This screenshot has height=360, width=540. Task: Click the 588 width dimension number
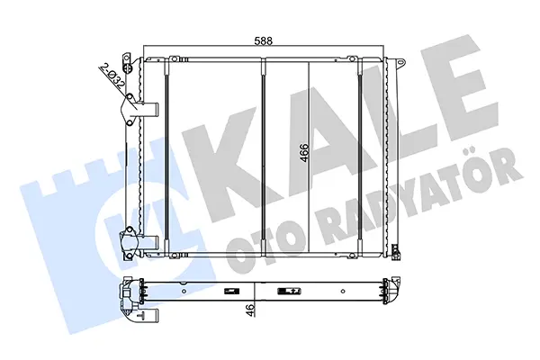tap(263, 40)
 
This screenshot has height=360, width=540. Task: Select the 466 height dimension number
tap(304, 152)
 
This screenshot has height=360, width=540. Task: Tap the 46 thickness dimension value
tap(251, 310)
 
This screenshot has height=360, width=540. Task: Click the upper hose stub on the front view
tap(149, 110)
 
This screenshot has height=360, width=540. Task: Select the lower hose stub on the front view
tap(149, 242)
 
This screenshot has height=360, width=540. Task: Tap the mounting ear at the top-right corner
tap(400, 62)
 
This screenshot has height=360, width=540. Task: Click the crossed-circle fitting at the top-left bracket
tap(128, 67)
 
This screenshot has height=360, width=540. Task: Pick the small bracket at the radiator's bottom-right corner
tap(396, 251)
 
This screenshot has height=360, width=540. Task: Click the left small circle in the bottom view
tap(184, 291)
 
